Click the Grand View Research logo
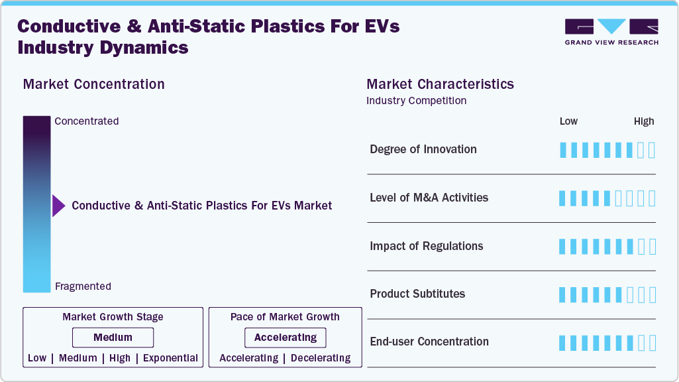611,32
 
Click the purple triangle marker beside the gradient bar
58,206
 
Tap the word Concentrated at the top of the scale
87,121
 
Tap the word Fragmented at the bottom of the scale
83,286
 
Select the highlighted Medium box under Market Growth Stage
113,338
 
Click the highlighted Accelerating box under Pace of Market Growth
286,338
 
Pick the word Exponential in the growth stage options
171,358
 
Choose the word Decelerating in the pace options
321,358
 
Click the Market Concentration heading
93,84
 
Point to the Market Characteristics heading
440,84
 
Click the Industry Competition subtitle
416,101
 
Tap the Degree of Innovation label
423,149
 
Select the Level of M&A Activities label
429,198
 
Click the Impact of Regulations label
427,246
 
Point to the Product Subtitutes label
417,294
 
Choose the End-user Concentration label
429,342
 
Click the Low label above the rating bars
568,121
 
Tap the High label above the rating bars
643,121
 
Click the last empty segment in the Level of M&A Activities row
652,198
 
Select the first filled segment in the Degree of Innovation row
563,150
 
